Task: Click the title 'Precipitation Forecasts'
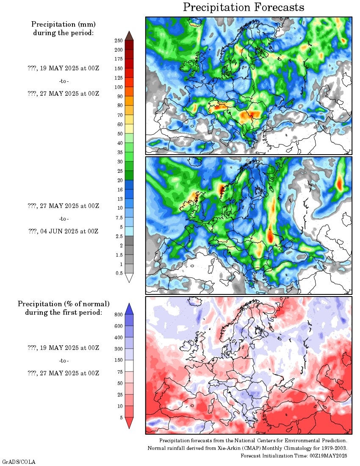pos(244,7)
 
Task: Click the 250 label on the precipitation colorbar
pos(118,41)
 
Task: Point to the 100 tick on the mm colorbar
pos(118,87)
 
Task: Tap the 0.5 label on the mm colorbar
pos(119,273)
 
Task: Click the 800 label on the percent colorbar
pos(118,314)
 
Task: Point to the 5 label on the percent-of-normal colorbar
pos(121,417)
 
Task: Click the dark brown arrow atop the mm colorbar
pos(129,36)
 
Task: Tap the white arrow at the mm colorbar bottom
pos(129,278)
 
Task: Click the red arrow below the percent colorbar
pos(129,422)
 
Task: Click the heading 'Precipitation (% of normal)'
pos(64,304)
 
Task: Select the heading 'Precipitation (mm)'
pos(64,25)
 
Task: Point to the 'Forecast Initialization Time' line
pos(294,455)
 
